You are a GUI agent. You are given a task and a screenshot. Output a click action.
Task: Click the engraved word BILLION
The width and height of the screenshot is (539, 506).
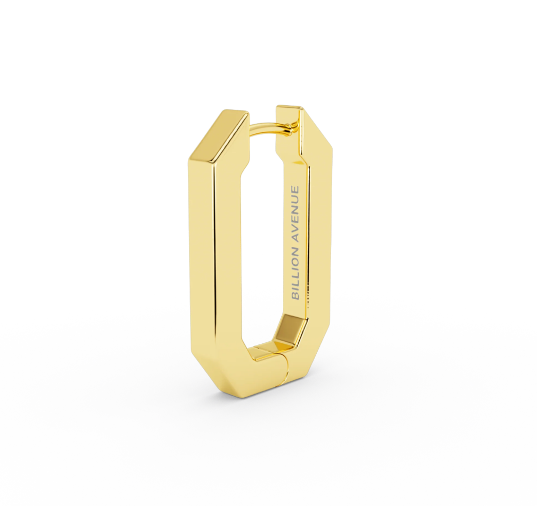295,271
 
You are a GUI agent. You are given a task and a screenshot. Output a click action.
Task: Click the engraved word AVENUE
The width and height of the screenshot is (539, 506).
295,212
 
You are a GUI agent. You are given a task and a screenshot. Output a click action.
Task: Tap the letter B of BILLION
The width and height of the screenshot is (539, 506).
295,295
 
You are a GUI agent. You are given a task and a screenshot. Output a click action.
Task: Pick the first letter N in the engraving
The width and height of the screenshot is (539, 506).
295,248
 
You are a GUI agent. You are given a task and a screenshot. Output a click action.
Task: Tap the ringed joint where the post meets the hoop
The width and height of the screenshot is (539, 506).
293,129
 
